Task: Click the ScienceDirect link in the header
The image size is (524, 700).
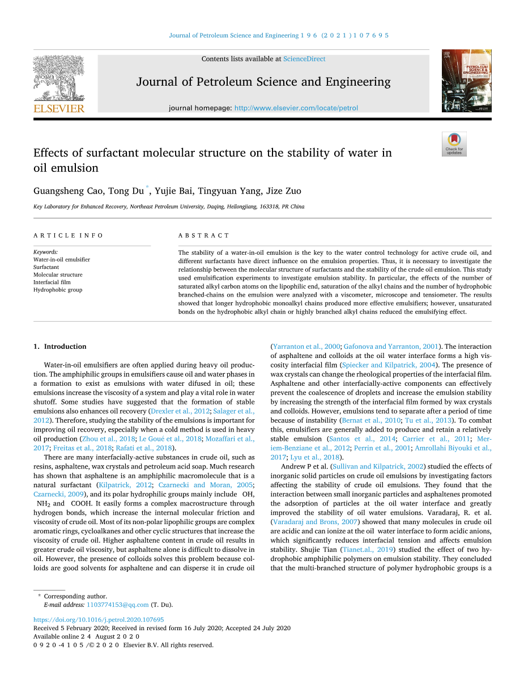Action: (304, 59)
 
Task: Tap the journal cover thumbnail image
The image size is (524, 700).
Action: (466, 81)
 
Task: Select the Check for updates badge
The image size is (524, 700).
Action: (454, 144)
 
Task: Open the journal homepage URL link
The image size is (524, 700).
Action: (296, 108)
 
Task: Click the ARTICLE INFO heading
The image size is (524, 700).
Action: (69, 235)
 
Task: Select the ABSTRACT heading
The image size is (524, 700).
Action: (204, 235)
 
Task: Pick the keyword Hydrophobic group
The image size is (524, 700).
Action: (58, 290)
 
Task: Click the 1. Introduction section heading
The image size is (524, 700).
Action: (60, 347)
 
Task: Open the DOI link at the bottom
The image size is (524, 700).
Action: (99, 620)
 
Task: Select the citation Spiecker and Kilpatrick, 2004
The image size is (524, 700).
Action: (390, 365)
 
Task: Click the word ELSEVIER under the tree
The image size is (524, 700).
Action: (59, 108)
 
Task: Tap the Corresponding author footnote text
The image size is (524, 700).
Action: (75, 596)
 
